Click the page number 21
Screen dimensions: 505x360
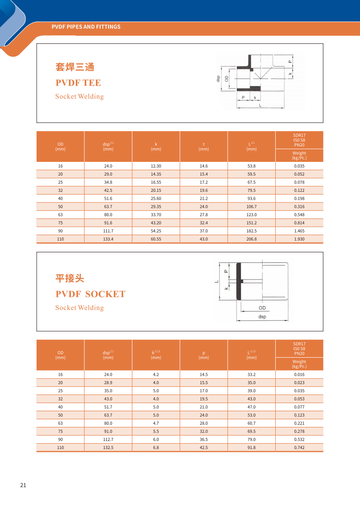[x=23, y=485]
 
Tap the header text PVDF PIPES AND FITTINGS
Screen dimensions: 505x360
[x=86, y=27]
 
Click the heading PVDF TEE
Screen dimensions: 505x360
[x=78, y=83]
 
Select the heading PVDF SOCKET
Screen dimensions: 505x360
[x=90, y=294]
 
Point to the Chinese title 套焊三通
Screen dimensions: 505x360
[x=75, y=67]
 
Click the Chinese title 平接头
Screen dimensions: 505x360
[x=69, y=278]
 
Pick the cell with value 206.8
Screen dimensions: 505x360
[x=251, y=239]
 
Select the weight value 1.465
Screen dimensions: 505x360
[x=299, y=231]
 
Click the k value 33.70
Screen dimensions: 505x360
[x=156, y=214]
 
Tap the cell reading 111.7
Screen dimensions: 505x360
[x=108, y=231]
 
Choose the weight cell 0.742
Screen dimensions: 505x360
[x=299, y=448]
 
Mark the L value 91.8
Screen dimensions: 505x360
[x=251, y=448]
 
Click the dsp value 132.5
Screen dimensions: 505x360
[x=108, y=448]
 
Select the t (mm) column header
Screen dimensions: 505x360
[x=203, y=146]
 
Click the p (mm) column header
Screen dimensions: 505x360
[x=203, y=355]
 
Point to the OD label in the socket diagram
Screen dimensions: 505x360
[x=262, y=308]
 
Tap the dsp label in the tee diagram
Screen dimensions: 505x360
[x=218, y=79]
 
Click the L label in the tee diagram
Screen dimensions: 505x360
[x=260, y=106]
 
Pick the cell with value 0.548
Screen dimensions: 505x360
[x=299, y=214]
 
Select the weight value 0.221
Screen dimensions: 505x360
[x=299, y=423]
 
